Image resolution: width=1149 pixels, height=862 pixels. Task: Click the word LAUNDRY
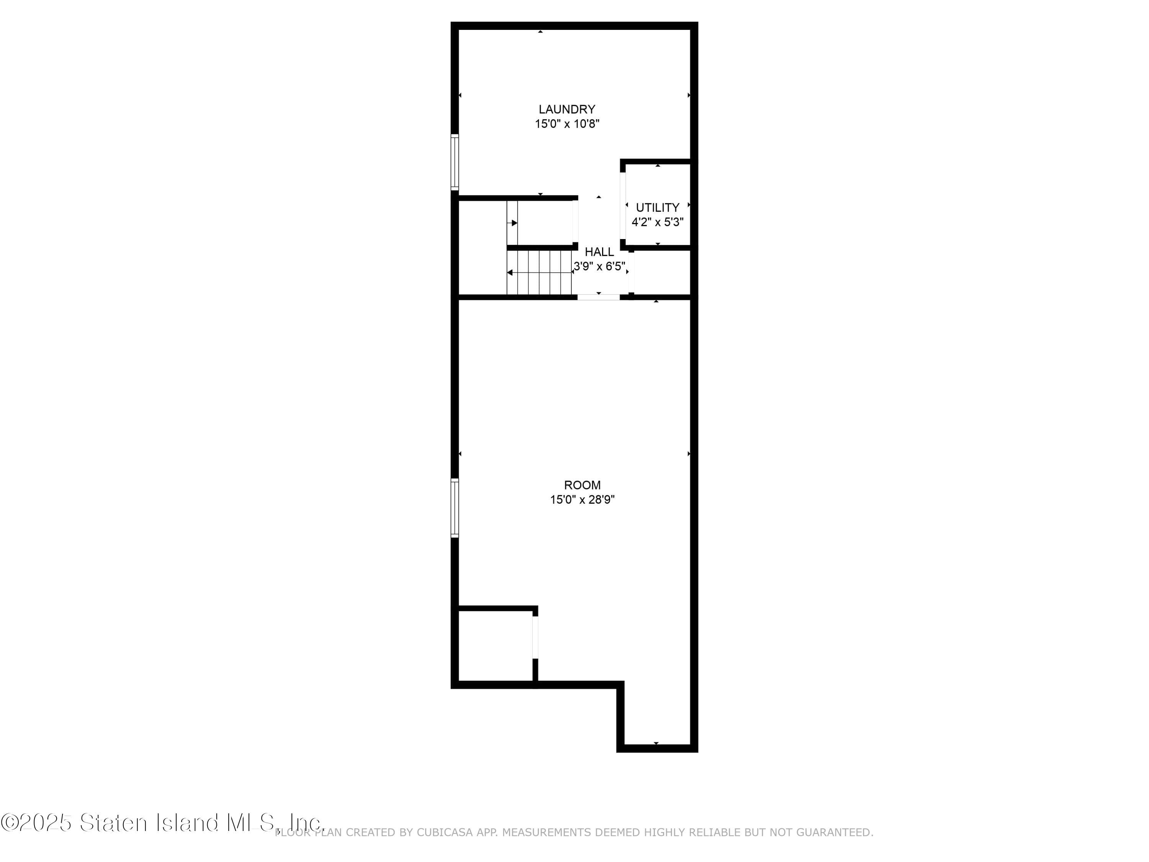[567, 110]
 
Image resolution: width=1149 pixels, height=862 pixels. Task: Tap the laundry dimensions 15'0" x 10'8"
[567, 124]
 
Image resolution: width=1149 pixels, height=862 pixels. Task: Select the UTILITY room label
[658, 208]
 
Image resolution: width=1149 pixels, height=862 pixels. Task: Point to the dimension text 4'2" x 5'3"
[658, 222]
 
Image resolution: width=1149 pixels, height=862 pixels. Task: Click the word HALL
[599, 252]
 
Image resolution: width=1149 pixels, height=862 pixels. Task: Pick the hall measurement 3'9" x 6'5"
[599, 267]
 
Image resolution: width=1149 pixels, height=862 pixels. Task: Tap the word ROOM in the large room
[582, 485]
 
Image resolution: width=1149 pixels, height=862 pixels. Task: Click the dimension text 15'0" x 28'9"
[582, 500]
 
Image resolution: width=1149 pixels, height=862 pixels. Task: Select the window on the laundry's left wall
[455, 162]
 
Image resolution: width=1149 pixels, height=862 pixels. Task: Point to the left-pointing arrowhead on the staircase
[510, 273]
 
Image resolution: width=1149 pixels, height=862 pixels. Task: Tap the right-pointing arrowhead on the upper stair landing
[514, 223]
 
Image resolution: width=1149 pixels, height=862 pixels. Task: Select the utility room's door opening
[623, 205]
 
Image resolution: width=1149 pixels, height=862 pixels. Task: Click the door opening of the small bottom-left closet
[535, 637]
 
